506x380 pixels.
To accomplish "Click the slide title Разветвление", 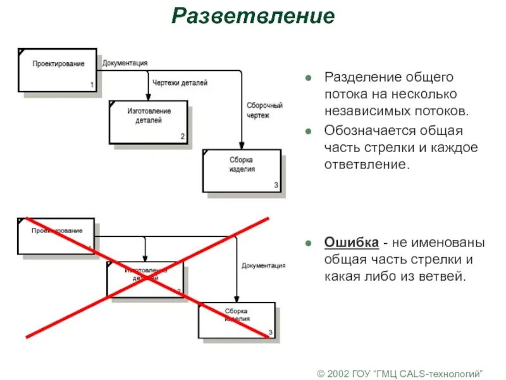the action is [252, 16].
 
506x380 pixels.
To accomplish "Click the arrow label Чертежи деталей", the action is [180, 82].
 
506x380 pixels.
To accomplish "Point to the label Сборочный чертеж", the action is [264, 110].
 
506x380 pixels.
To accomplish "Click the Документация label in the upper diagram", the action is [125, 63].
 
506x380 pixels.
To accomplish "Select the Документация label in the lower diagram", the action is [263, 265].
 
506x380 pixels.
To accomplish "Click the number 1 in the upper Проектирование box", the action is [92, 84].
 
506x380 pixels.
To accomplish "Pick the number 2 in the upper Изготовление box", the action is [183, 136].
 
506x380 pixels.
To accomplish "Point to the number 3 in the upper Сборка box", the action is [276, 185].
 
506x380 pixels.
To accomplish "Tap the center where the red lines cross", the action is [147, 277].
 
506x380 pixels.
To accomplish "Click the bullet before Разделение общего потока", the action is [308, 78].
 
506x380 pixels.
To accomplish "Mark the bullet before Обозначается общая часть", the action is [308, 132].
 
